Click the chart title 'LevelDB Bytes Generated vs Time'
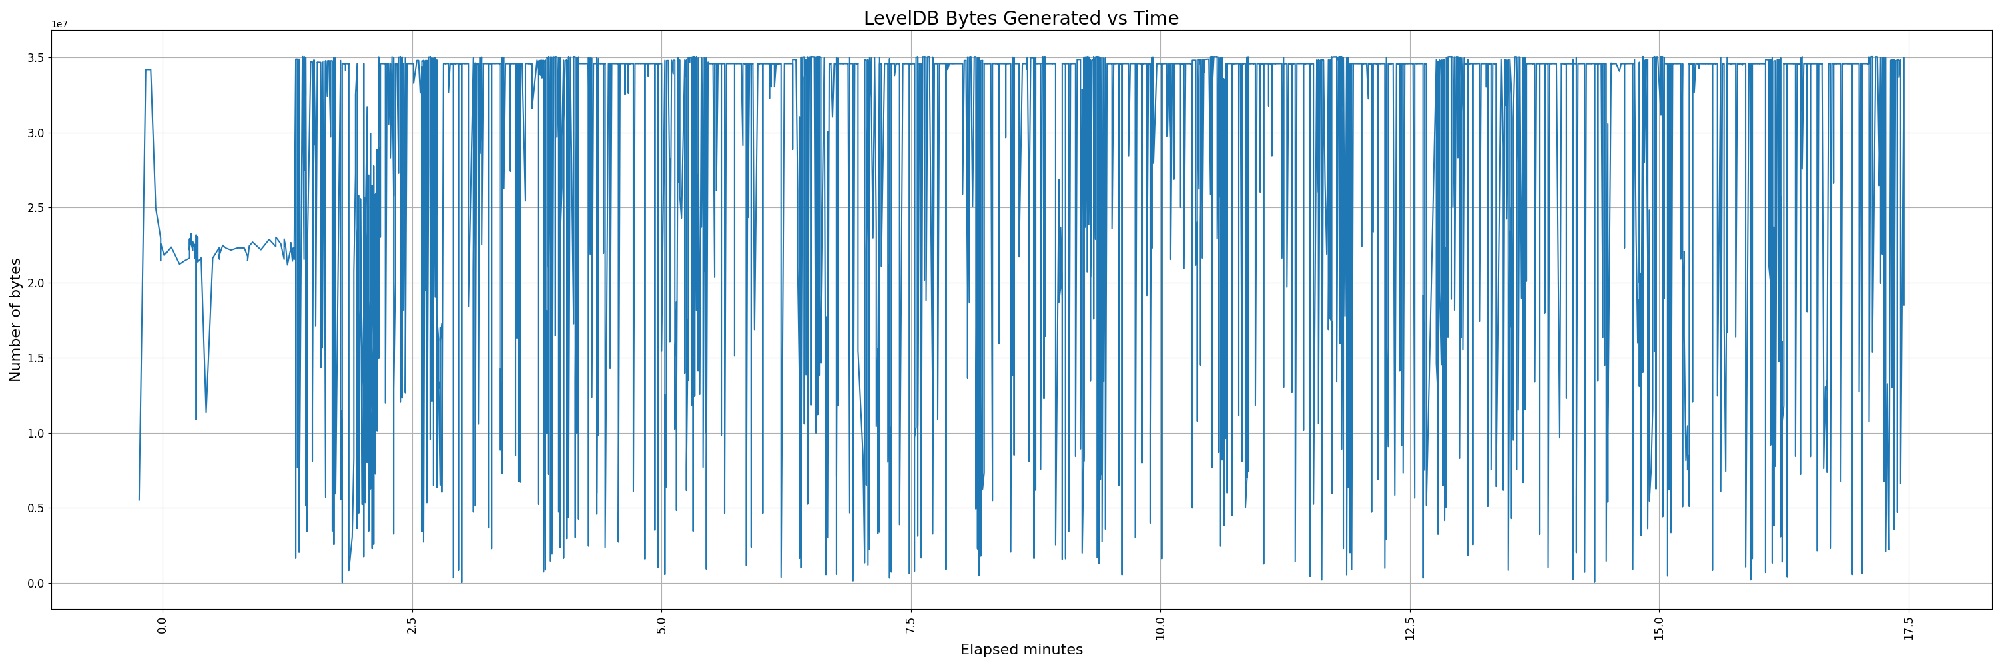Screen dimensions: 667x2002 tap(1020, 19)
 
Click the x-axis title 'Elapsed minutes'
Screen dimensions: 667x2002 tap(1021, 650)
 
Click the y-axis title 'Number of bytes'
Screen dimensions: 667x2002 tap(15, 320)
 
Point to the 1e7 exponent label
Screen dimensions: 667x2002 tap(60, 25)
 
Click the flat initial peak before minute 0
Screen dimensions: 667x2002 tap(147, 70)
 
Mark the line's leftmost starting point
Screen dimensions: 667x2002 tap(139, 500)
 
